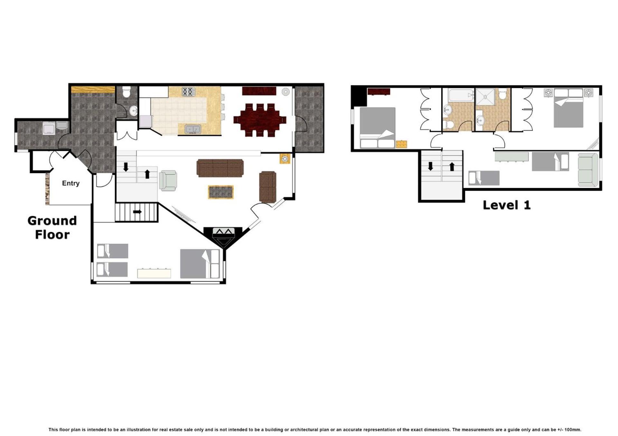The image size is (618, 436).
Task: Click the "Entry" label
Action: pyautogui.click(x=70, y=183)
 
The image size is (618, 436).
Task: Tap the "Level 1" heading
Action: pyautogui.click(x=506, y=205)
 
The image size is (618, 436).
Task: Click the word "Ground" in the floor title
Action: pyautogui.click(x=52, y=221)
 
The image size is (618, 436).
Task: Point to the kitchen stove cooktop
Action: pyautogui.click(x=189, y=92)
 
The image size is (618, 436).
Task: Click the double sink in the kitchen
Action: pyautogui.click(x=193, y=129)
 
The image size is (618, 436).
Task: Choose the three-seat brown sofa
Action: pyautogui.click(x=220, y=168)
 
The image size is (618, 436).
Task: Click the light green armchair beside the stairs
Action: pyautogui.click(x=168, y=181)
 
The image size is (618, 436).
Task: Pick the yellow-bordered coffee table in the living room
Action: pyautogui.click(x=221, y=192)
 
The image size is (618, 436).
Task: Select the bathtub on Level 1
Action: pyautogui.click(x=461, y=95)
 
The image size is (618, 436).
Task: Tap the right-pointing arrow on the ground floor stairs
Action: pyautogui.click(x=137, y=212)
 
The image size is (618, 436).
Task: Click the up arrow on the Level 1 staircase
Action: pyautogui.click(x=452, y=166)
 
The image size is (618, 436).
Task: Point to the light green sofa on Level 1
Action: pyautogui.click(x=588, y=170)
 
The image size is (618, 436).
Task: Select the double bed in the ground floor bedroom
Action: pyautogui.click(x=200, y=264)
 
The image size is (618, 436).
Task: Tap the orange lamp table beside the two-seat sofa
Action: pyautogui.click(x=285, y=158)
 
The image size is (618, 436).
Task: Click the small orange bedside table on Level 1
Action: pyautogui.click(x=401, y=144)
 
